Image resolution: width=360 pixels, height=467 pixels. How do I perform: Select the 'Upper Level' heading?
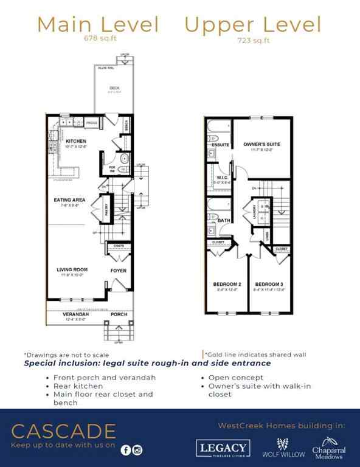coord(252,25)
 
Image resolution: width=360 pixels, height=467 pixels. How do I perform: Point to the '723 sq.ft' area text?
coord(253,42)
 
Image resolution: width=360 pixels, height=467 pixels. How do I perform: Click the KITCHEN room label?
coord(76,140)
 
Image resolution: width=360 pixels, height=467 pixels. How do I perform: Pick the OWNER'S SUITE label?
coord(261,144)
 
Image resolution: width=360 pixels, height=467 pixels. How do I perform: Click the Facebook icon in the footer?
coord(126,450)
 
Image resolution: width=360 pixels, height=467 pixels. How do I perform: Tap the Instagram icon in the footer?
coord(137,450)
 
